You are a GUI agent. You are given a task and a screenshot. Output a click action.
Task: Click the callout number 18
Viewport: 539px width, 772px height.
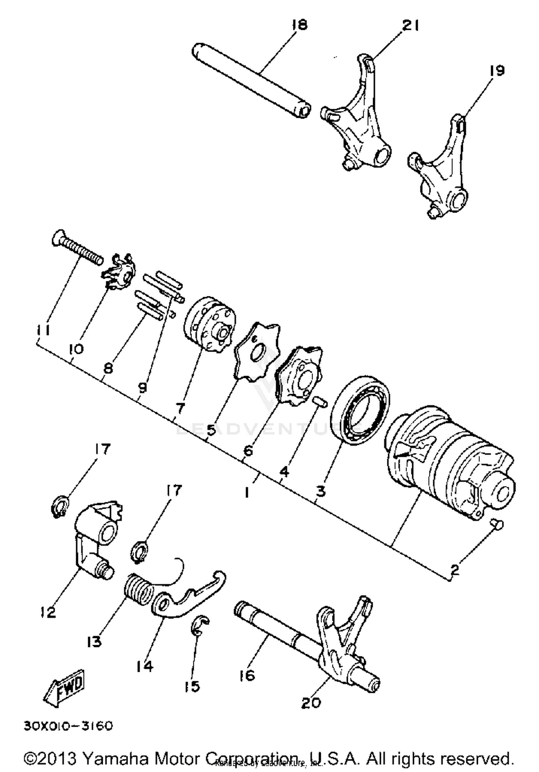coord(300,25)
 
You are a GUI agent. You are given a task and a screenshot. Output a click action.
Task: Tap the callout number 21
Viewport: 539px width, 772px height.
coord(410,26)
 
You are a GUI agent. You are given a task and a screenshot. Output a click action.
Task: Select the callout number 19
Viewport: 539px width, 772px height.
coord(497,70)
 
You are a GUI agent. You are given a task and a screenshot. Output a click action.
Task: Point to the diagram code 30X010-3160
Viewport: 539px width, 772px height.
coord(68,726)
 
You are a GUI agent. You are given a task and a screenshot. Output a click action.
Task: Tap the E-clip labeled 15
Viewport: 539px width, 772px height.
coord(199,627)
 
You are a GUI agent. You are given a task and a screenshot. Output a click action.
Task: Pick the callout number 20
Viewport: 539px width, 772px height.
coord(310,702)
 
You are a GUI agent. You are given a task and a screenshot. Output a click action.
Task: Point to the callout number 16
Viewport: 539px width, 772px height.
coord(247,675)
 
